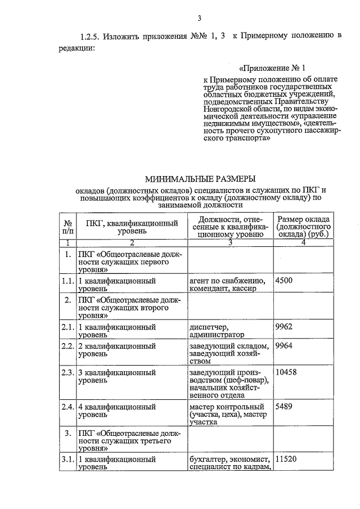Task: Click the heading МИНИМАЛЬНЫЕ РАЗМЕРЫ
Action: pos(200,179)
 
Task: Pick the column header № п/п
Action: pos(67,226)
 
